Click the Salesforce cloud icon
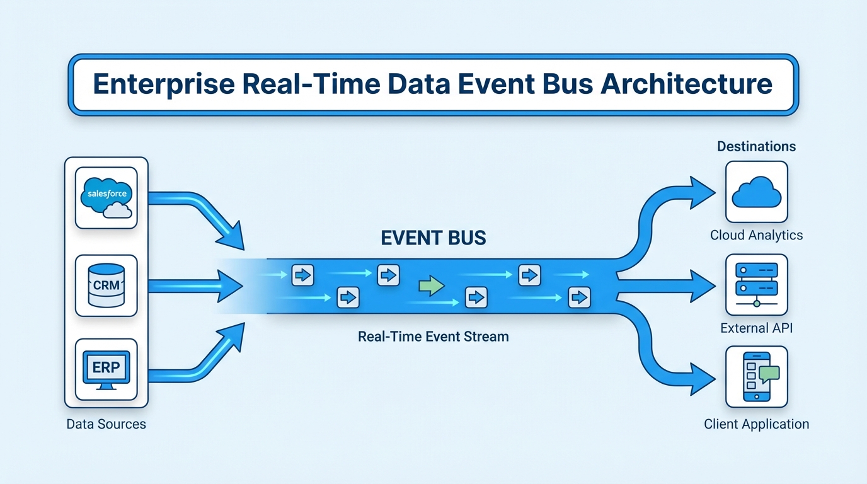[106, 197]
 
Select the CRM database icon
[106, 285]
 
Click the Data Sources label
[106, 424]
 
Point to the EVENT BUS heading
[433, 238]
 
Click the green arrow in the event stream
[432, 285]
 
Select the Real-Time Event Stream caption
[433, 337]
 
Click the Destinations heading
[756, 147]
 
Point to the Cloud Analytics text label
[756, 235]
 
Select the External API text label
[756, 328]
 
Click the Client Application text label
[756, 424]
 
